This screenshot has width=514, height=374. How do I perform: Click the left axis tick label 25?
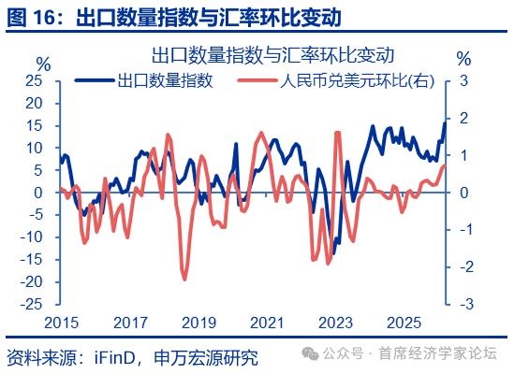click(x=34, y=81)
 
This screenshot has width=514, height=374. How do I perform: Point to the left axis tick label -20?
click(x=32, y=282)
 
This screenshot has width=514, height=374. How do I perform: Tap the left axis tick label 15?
click(x=34, y=126)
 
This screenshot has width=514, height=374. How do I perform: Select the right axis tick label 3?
click(x=463, y=81)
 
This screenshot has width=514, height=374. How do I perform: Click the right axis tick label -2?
click(x=466, y=266)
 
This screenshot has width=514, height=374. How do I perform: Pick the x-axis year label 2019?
click(x=199, y=323)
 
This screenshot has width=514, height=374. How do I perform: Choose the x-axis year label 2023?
click(x=336, y=323)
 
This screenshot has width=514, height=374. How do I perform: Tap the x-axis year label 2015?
click(x=62, y=323)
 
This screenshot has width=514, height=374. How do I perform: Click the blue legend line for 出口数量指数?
click(x=95, y=80)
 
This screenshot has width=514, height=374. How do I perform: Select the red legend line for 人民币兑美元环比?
click(x=257, y=80)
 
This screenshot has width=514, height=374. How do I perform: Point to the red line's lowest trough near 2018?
click(x=184, y=279)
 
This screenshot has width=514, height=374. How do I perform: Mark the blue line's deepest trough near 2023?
click(x=333, y=253)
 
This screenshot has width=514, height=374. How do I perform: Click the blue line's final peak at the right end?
click(x=445, y=123)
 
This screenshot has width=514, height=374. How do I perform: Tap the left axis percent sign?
click(x=44, y=65)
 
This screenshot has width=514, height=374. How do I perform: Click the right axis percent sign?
click(x=463, y=59)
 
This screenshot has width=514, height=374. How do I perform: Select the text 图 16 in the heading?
click(x=31, y=18)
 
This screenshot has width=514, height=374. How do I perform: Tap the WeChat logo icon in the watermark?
click(x=310, y=353)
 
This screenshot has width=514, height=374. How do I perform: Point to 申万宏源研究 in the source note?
click(x=206, y=357)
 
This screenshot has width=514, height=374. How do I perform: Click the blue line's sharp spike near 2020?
click(x=236, y=144)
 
